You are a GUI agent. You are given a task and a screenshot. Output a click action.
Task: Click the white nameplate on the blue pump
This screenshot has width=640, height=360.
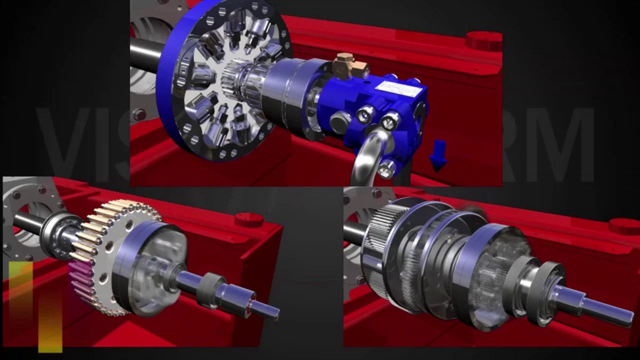click(x=393, y=91)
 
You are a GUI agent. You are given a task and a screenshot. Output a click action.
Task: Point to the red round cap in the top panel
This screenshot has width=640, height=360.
click(x=483, y=40)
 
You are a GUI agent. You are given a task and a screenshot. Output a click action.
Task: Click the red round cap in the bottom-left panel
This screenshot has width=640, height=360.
click(x=249, y=219)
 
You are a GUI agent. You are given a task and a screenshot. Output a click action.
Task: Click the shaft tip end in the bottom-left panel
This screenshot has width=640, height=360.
click(x=272, y=312)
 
